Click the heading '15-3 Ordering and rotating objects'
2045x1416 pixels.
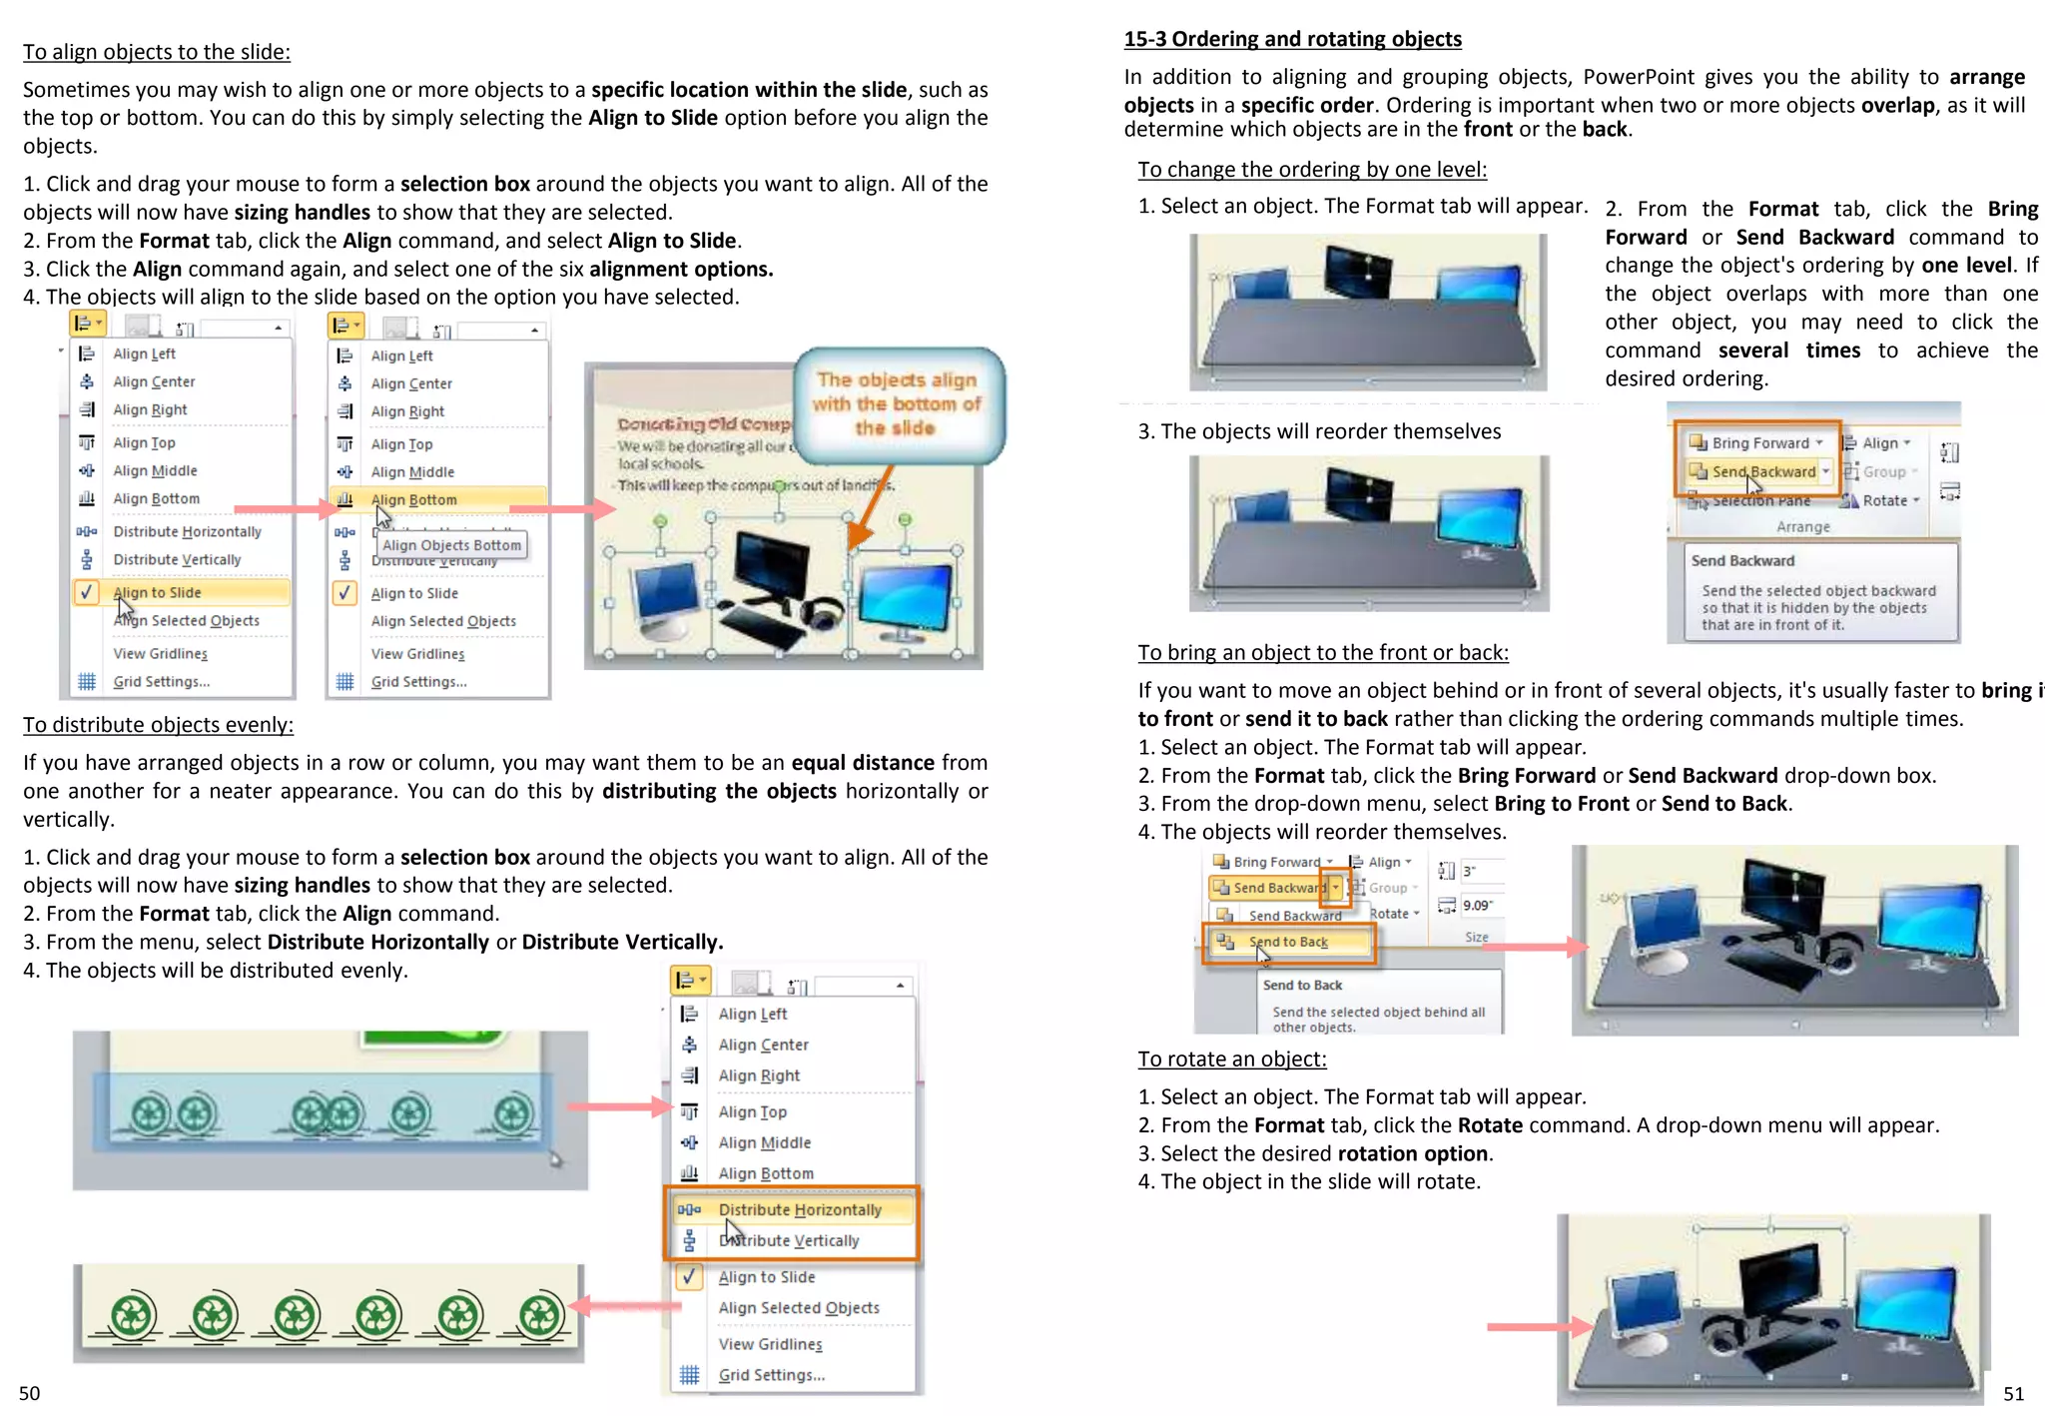(1292, 39)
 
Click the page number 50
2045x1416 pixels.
(30, 1393)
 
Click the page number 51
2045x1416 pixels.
(2013, 1394)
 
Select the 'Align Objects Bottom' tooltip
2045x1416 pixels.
(451, 545)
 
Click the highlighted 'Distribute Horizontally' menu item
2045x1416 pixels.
(799, 1209)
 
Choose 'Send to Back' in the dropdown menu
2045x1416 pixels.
(1288, 942)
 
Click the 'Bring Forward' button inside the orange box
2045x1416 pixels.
(1759, 442)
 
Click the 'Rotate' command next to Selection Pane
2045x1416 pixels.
(1884, 500)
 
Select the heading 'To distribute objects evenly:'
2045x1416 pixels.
(158, 725)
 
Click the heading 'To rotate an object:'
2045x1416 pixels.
(1231, 1059)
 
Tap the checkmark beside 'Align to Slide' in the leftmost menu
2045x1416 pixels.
(87, 592)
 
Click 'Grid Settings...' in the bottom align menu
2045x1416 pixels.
(771, 1375)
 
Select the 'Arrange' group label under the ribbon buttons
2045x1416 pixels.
(1802, 526)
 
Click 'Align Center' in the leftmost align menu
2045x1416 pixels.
(154, 381)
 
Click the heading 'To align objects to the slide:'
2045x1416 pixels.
(157, 52)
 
